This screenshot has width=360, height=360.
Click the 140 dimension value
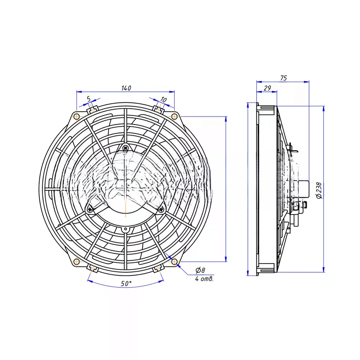(x=126, y=88)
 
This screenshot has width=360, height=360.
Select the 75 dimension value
(x=284, y=78)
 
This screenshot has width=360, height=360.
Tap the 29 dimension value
(x=267, y=88)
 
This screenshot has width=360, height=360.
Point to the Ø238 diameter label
(x=319, y=190)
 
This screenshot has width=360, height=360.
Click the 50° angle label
(x=126, y=284)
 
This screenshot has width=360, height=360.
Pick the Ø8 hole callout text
(x=200, y=270)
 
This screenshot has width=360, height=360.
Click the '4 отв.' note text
(x=204, y=279)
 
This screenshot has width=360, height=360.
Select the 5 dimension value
(x=89, y=99)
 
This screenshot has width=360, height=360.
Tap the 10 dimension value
(x=163, y=100)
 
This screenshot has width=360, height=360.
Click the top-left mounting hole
(x=77, y=116)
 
